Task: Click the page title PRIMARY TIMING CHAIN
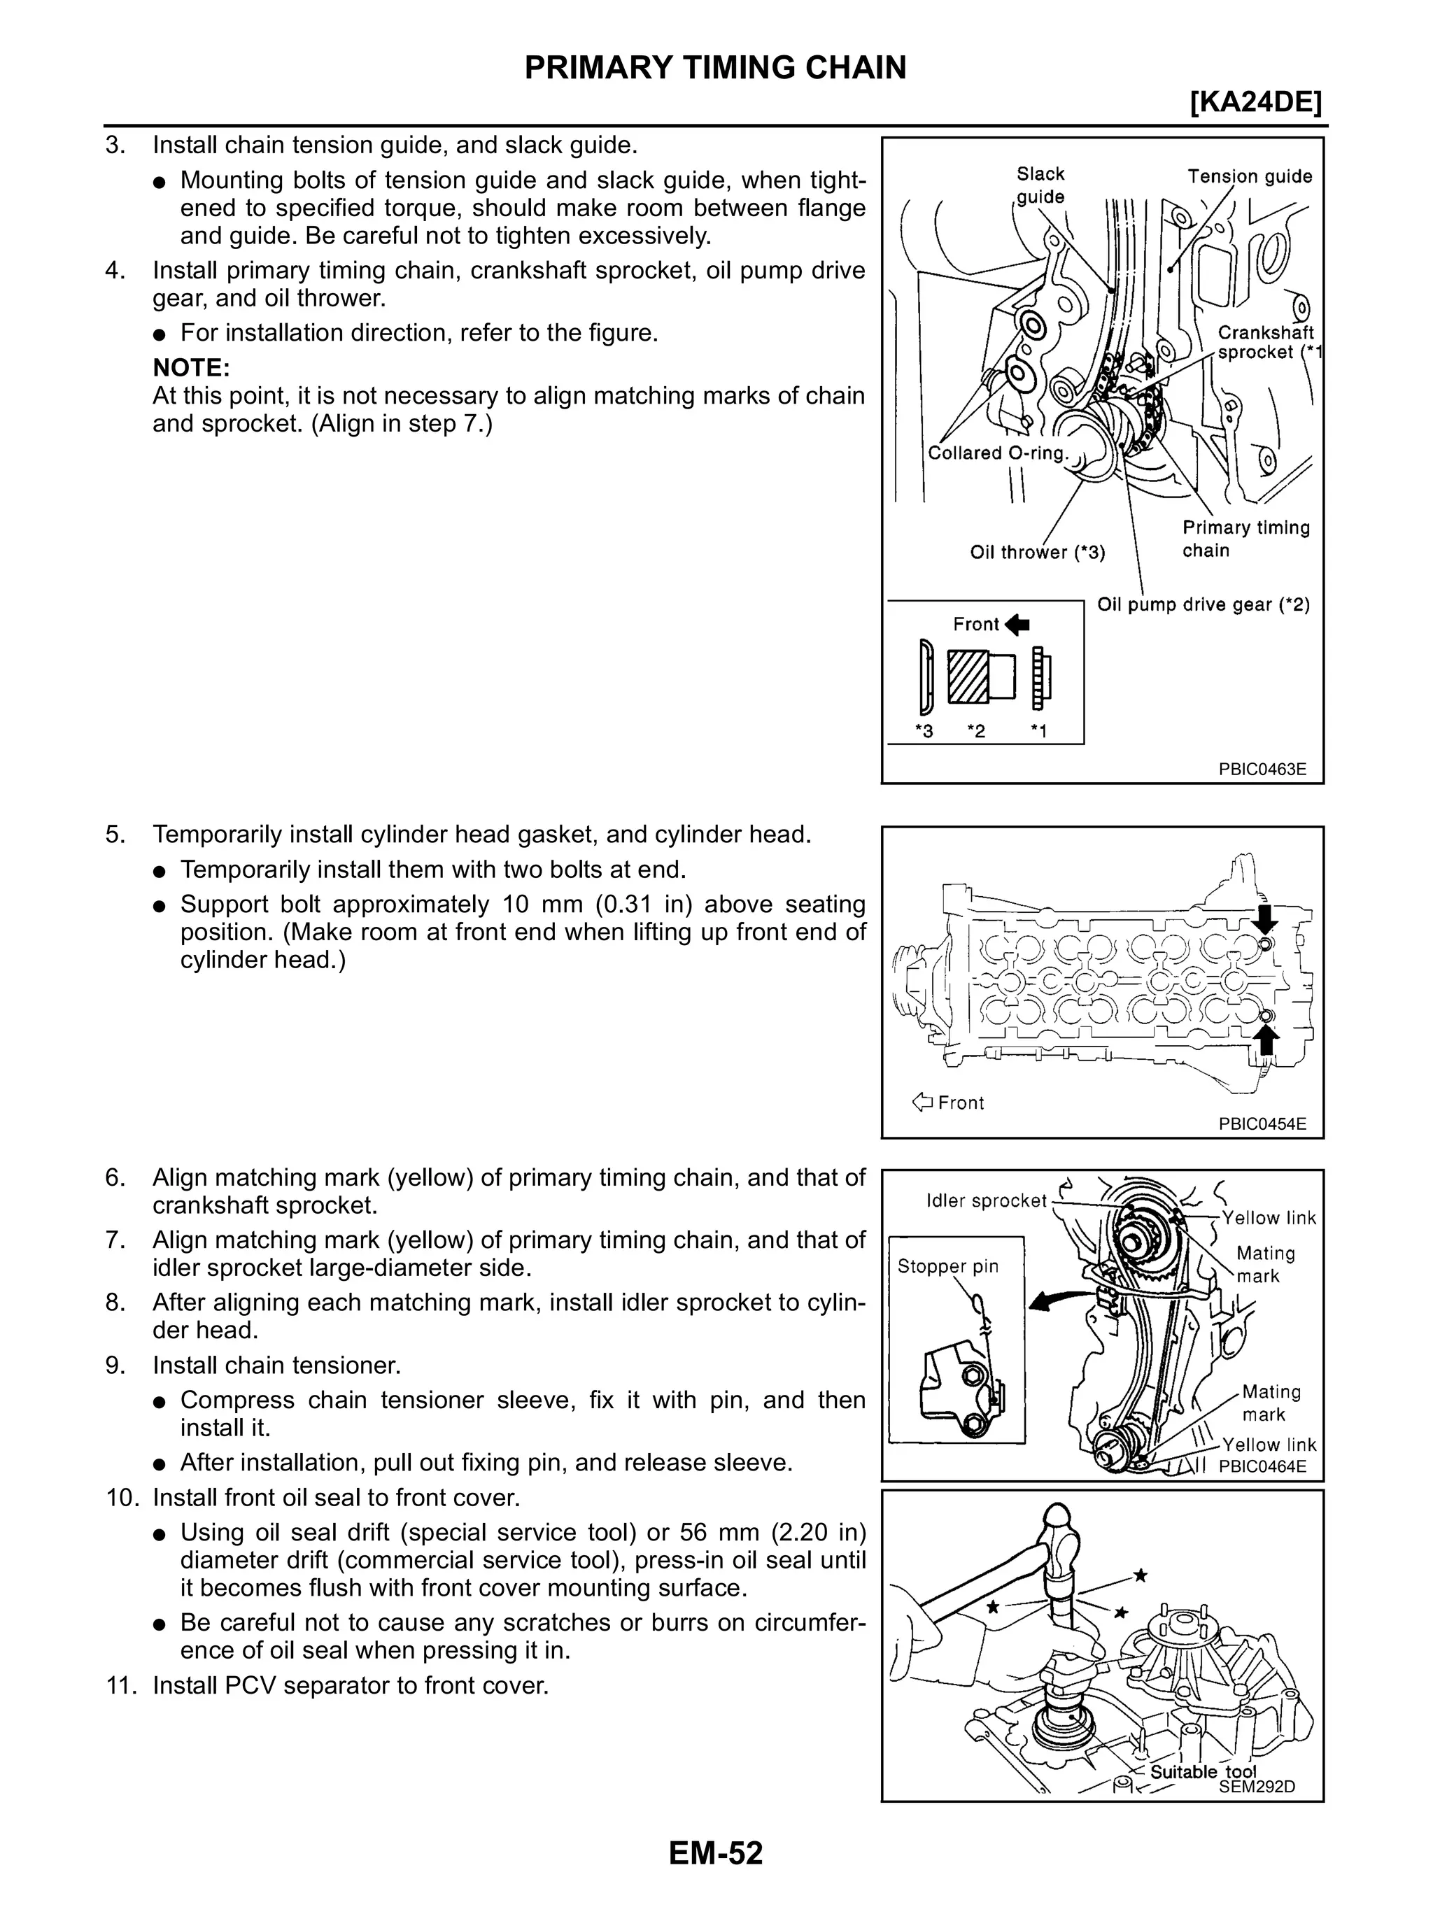pos(715,67)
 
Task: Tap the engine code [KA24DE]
pos(1255,104)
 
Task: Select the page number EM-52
pos(715,1852)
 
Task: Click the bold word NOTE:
pos(190,368)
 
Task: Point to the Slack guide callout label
pos(1040,185)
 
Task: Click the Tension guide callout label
pos(1250,177)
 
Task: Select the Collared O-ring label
pos(998,453)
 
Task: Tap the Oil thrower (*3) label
pos(1037,552)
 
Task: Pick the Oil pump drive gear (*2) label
pos(1203,604)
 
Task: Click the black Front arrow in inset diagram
pos(1017,624)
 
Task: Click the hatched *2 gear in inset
pos(969,675)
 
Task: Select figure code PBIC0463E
pos(1262,769)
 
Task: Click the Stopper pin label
pos(947,1266)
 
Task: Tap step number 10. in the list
pos(122,1498)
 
